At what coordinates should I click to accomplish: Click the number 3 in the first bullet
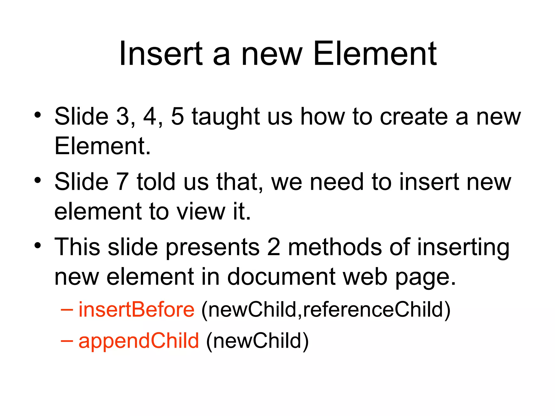click(x=123, y=116)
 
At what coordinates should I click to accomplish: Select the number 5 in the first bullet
click(x=178, y=116)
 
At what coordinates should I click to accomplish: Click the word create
click(x=414, y=116)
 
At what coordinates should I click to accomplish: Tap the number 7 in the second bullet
click(x=122, y=182)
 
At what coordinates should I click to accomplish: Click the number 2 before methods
click(x=274, y=247)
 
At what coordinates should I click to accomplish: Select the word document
click(x=281, y=277)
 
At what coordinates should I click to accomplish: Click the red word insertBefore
click(x=136, y=310)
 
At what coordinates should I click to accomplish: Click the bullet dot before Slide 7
click(x=38, y=180)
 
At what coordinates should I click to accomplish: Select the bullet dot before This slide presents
click(x=38, y=245)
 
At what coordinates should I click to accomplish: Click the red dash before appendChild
click(x=67, y=341)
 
